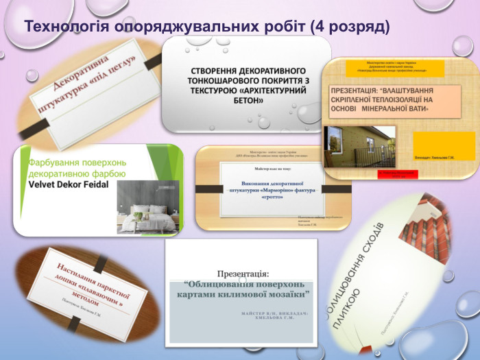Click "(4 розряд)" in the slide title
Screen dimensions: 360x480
coord(350,27)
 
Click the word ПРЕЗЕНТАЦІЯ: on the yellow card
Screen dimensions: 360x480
coord(359,90)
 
